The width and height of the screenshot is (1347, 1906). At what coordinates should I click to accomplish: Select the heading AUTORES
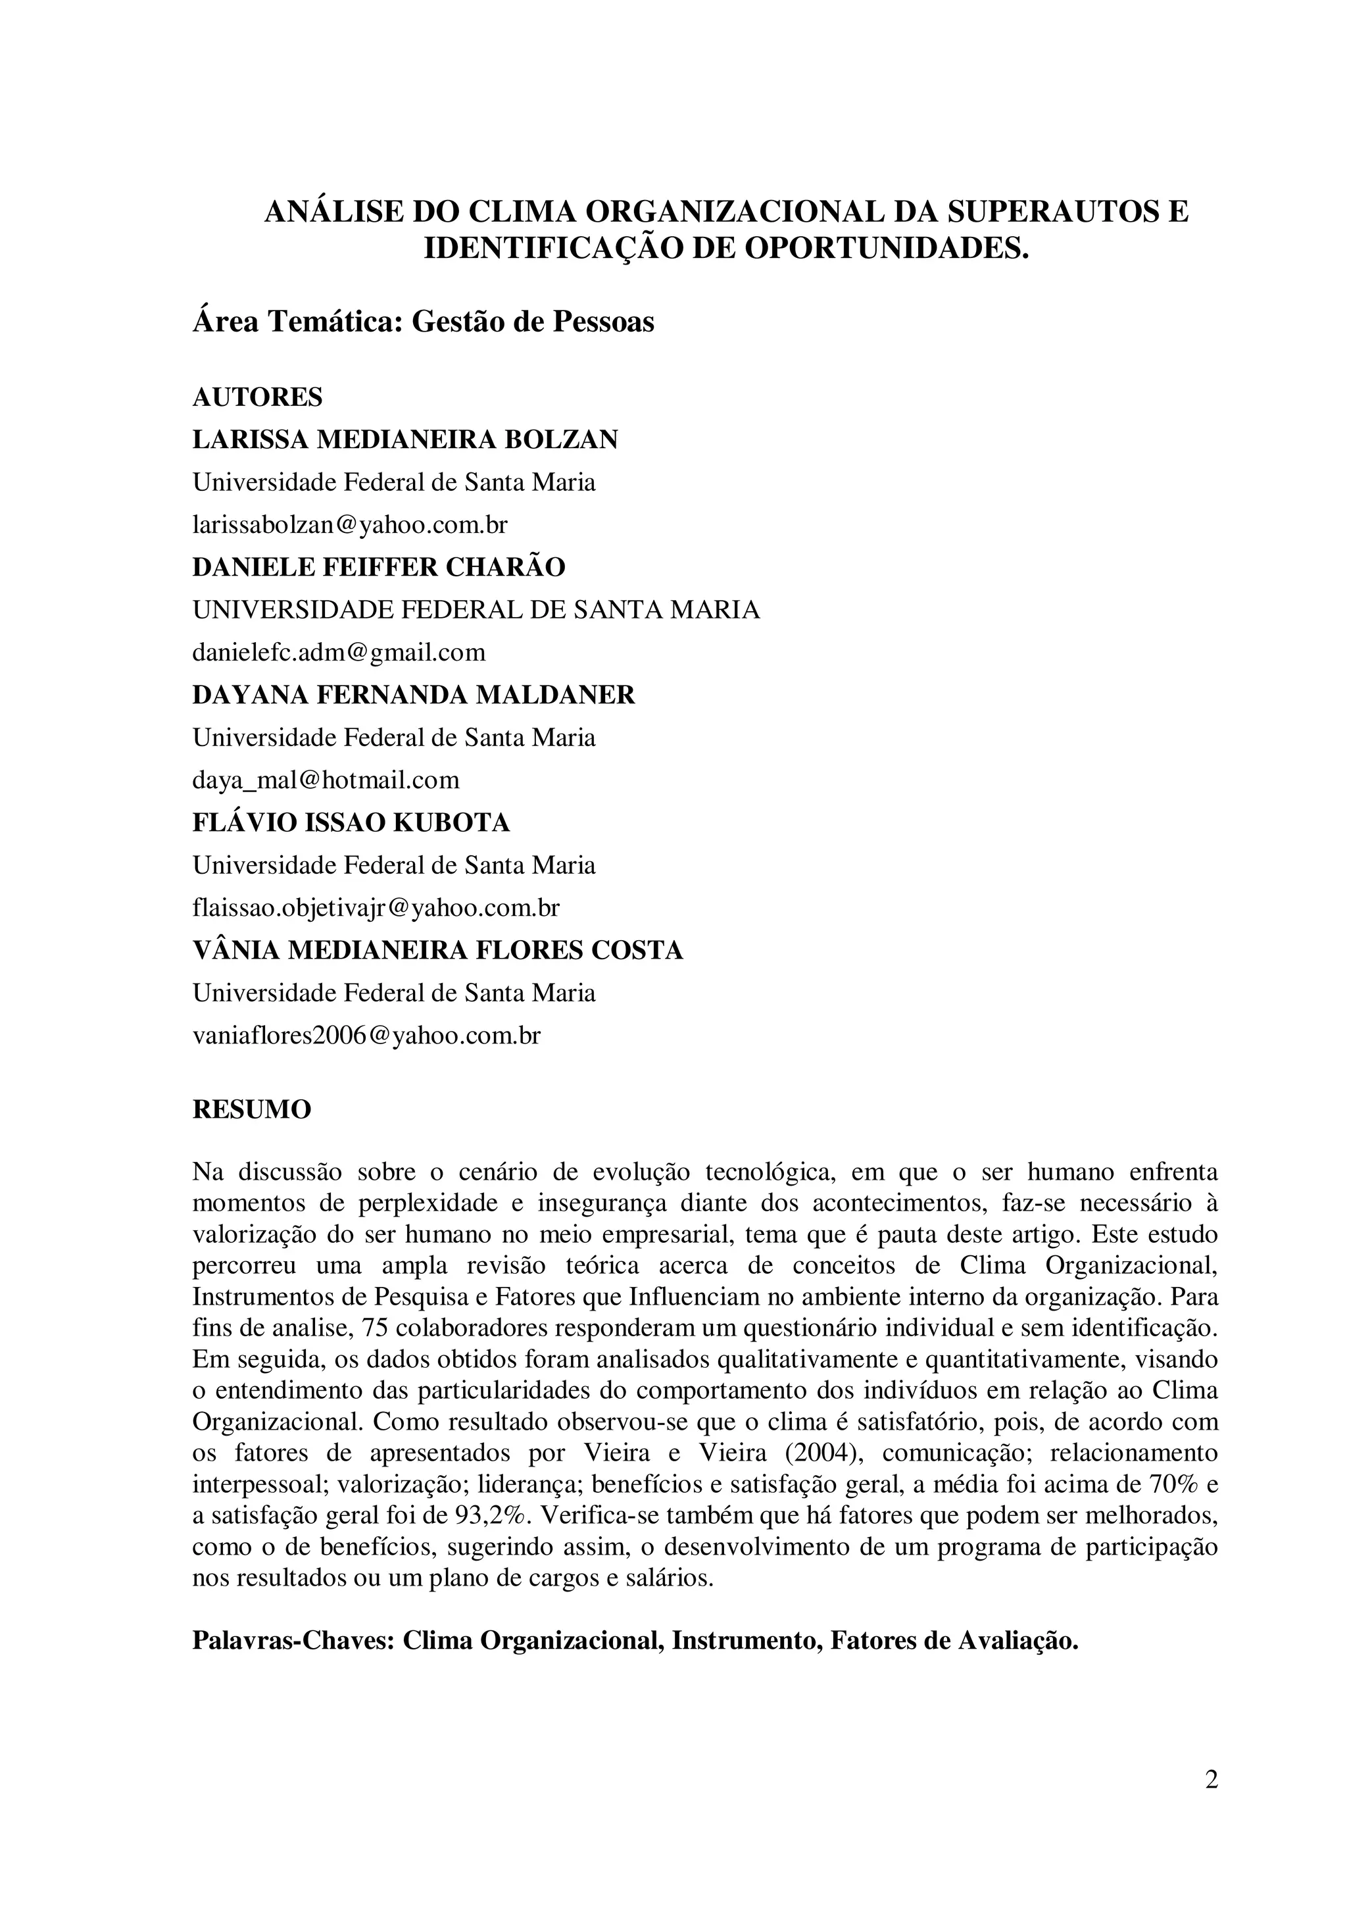click(257, 397)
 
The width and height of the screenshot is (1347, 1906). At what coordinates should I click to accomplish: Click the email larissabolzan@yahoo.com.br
click(349, 524)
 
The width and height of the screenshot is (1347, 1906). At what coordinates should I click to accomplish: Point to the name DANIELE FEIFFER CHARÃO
click(378, 567)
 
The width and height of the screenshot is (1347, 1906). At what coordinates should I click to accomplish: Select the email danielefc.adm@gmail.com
click(339, 653)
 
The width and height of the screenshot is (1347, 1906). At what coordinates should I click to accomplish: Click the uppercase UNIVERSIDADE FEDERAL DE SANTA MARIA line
click(476, 610)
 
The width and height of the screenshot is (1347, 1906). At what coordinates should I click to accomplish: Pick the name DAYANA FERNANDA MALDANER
click(413, 695)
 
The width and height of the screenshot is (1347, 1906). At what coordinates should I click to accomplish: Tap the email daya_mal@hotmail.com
click(326, 780)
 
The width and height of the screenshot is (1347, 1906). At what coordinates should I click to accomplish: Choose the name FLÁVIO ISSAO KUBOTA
click(351, 822)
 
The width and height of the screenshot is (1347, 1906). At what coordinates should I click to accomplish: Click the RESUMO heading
click(251, 1109)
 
